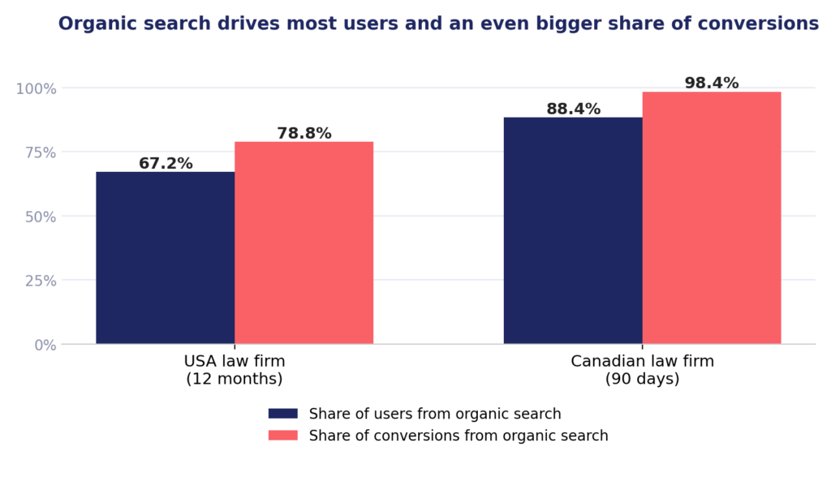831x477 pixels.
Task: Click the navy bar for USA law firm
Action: tap(166, 258)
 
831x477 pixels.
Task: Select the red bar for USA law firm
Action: tap(304, 243)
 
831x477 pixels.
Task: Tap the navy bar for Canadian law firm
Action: tap(573, 230)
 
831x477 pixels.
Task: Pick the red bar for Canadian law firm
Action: tap(712, 218)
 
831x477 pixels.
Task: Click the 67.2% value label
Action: tap(166, 163)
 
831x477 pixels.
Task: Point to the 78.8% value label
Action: tap(304, 133)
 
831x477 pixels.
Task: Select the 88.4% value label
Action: tap(574, 109)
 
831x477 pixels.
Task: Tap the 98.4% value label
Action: tap(712, 83)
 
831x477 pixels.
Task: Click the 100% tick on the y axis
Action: tap(36, 88)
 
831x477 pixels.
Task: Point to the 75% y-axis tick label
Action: tap(41, 153)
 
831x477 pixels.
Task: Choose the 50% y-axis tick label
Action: tap(41, 217)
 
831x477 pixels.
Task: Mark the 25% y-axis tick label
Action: tap(41, 281)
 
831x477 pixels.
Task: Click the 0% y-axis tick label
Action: tap(45, 345)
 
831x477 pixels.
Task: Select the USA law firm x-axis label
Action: tap(235, 370)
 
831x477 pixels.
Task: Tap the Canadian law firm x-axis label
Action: tap(643, 370)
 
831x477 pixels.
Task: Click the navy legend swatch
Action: tap(283, 414)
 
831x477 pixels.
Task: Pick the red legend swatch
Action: tap(283, 435)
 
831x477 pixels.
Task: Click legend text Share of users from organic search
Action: tap(435, 414)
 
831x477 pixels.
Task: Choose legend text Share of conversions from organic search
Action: tap(459, 435)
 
